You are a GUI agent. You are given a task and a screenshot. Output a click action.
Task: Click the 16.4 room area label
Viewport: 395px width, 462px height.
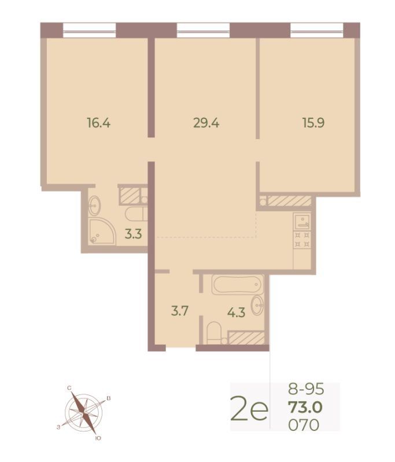coord(98,122)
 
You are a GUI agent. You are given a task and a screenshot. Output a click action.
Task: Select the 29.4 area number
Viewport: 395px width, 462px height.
coord(206,122)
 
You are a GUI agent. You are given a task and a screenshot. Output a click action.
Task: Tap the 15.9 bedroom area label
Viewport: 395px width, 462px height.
coord(313,122)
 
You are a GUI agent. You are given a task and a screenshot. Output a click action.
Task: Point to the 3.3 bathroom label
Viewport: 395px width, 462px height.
coord(133,234)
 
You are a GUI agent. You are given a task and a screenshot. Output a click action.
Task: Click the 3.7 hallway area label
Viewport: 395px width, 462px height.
coord(180,311)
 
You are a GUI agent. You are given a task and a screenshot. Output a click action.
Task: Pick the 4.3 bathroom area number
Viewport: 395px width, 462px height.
coord(237,312)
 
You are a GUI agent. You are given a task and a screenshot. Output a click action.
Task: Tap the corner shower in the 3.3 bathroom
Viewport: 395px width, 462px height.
coord(101,232)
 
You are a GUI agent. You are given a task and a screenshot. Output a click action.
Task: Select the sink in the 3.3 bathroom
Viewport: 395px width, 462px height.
coord(95,206)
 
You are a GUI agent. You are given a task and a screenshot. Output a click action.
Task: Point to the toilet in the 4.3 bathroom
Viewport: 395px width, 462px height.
coord(213,333)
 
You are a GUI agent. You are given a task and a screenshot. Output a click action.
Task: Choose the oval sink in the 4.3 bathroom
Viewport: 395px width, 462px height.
coord(257,305)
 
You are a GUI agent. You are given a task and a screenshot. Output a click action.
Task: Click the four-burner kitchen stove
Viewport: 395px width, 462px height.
coord(302,239)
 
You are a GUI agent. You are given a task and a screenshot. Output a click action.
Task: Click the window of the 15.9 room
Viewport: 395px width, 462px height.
coord(317,31)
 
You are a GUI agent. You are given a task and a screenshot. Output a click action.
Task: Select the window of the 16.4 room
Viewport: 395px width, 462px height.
coord(90,31)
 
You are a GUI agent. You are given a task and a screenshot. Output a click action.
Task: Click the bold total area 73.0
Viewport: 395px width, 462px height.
coord(305,408)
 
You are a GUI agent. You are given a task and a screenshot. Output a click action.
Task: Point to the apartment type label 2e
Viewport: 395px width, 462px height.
coord(250,408)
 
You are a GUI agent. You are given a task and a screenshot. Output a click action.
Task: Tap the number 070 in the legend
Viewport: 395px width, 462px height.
coord(304,425)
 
